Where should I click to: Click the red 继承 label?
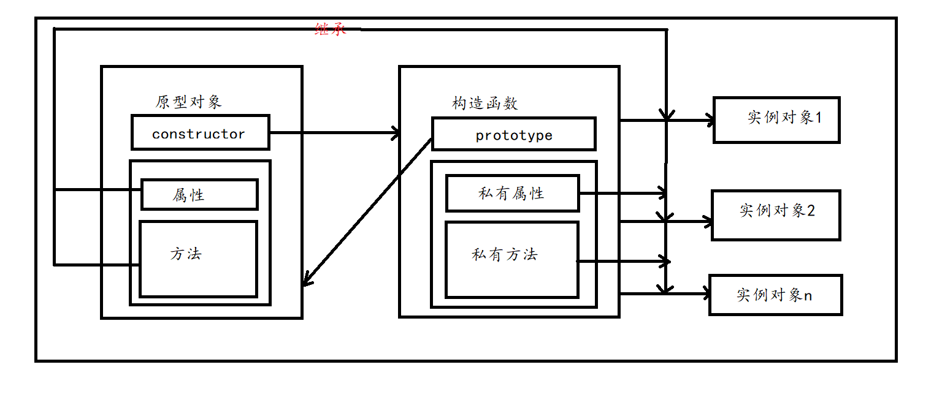(331, 29)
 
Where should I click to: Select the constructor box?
(200, 132)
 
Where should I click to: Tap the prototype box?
(513, 134)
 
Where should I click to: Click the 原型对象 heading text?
(188, 102)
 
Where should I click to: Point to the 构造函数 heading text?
(485, 103)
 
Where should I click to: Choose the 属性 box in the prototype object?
(199, 195)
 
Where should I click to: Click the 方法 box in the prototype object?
(198, 270)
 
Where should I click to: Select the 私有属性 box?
(512, 194)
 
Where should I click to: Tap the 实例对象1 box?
(776, 120)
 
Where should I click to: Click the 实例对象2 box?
(776, 215)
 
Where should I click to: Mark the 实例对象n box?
(775, 295)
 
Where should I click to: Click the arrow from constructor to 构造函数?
(334, 132)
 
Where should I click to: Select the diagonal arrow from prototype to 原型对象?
(368, 212)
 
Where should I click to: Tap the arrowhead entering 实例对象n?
(705, 293)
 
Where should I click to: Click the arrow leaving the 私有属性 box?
(622, 194)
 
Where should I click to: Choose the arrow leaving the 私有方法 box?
(622, 262)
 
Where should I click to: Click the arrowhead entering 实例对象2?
(706, 221)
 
